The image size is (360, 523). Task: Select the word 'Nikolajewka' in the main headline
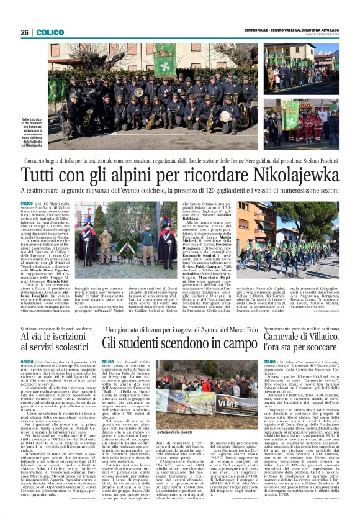point(278,174)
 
